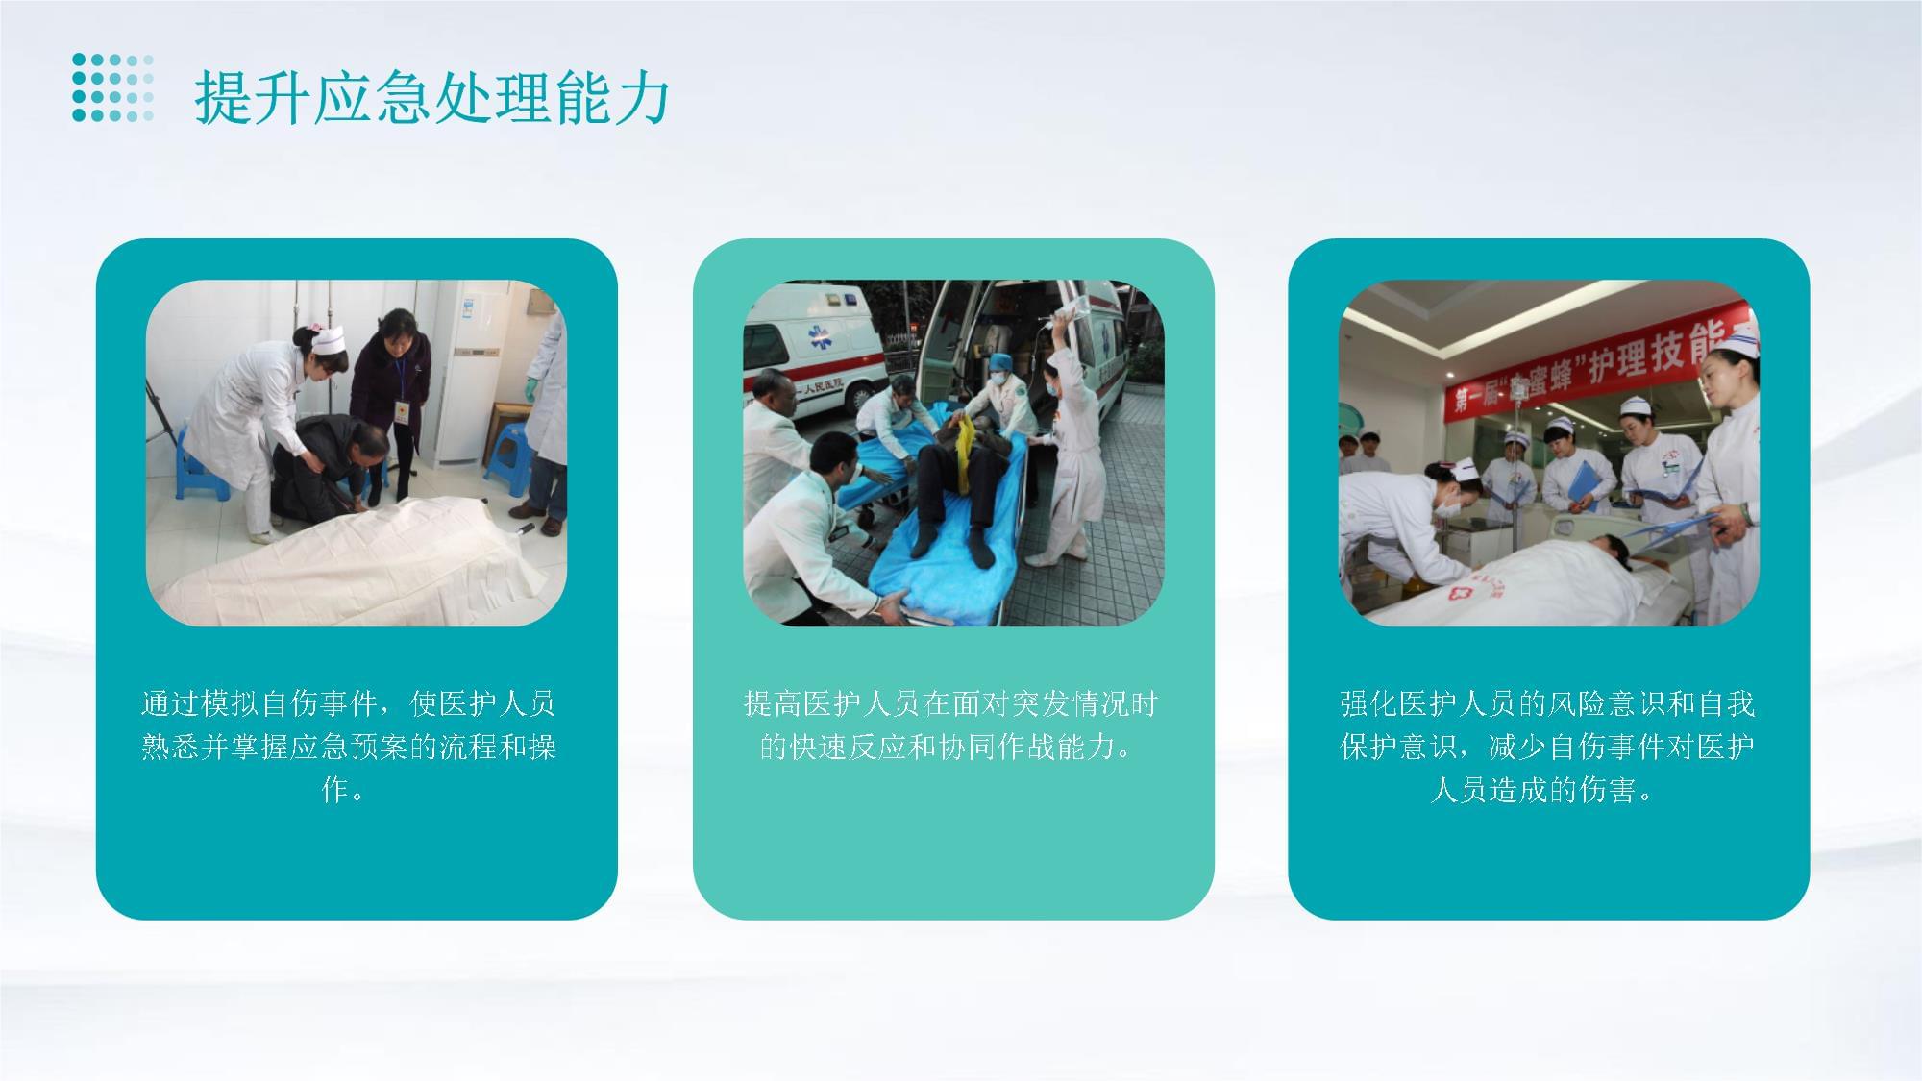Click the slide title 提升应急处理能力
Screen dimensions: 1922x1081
click(x=431, y=98)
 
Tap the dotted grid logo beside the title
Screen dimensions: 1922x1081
click(x=113, y=87)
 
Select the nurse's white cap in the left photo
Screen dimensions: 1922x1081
click(x=325, y=339)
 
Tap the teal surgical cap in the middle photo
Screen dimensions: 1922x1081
click(x=1000, y=362)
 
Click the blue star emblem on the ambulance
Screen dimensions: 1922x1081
click(x=819, y=335)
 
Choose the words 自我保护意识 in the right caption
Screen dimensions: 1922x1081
click(x=1548, y=725)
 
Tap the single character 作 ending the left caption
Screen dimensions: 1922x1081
click(x=334, y=790)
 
